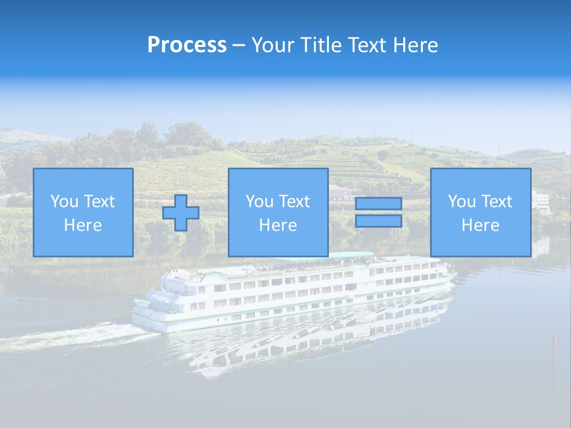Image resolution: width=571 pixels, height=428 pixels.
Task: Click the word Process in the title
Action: point(187,45)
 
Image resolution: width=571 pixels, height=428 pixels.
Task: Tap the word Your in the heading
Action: point(271,45)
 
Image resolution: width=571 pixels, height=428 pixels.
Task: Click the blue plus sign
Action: point(181,213)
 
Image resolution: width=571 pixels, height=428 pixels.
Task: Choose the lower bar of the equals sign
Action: point(378,221)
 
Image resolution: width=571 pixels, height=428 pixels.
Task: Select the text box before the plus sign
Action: point(83,212)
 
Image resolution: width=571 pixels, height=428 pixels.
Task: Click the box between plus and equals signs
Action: point(278,212)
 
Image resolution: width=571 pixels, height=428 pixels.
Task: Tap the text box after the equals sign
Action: point(480,212)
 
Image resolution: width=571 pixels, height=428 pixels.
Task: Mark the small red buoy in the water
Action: point(554,339)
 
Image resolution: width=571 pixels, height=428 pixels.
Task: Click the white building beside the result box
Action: point(541,201)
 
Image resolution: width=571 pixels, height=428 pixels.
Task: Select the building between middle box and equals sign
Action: point(340,191)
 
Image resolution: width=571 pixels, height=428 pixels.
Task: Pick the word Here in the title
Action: point(416,45)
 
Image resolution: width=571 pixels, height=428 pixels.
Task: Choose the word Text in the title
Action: point(365,45)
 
